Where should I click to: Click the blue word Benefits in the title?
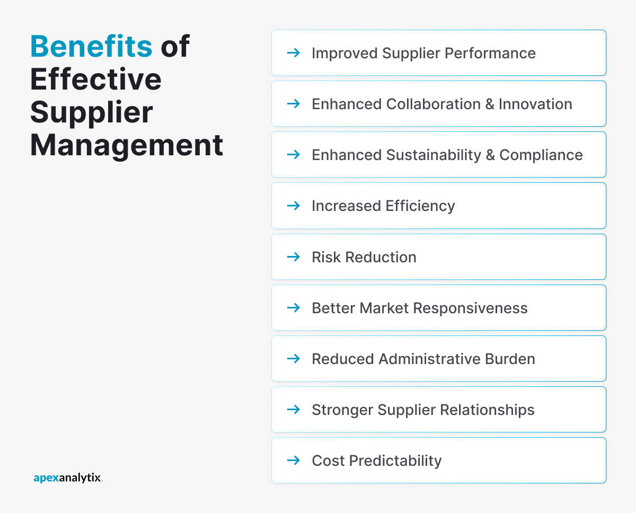(91, 47)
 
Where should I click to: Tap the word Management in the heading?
(127, 145)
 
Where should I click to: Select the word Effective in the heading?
(96, 79)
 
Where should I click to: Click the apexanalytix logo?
(68, 478)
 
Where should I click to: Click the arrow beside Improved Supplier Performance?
(293, 53)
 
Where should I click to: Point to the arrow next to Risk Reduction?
(293, 257)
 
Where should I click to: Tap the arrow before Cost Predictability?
(293, 461)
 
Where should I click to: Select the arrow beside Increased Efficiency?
(293, 206)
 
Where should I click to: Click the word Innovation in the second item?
(535, 104)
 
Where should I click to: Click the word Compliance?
(541, 155)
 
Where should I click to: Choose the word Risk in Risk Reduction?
(326, 257)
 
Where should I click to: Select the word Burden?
(510, 359)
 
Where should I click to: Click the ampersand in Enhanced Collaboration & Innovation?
(490, 104)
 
